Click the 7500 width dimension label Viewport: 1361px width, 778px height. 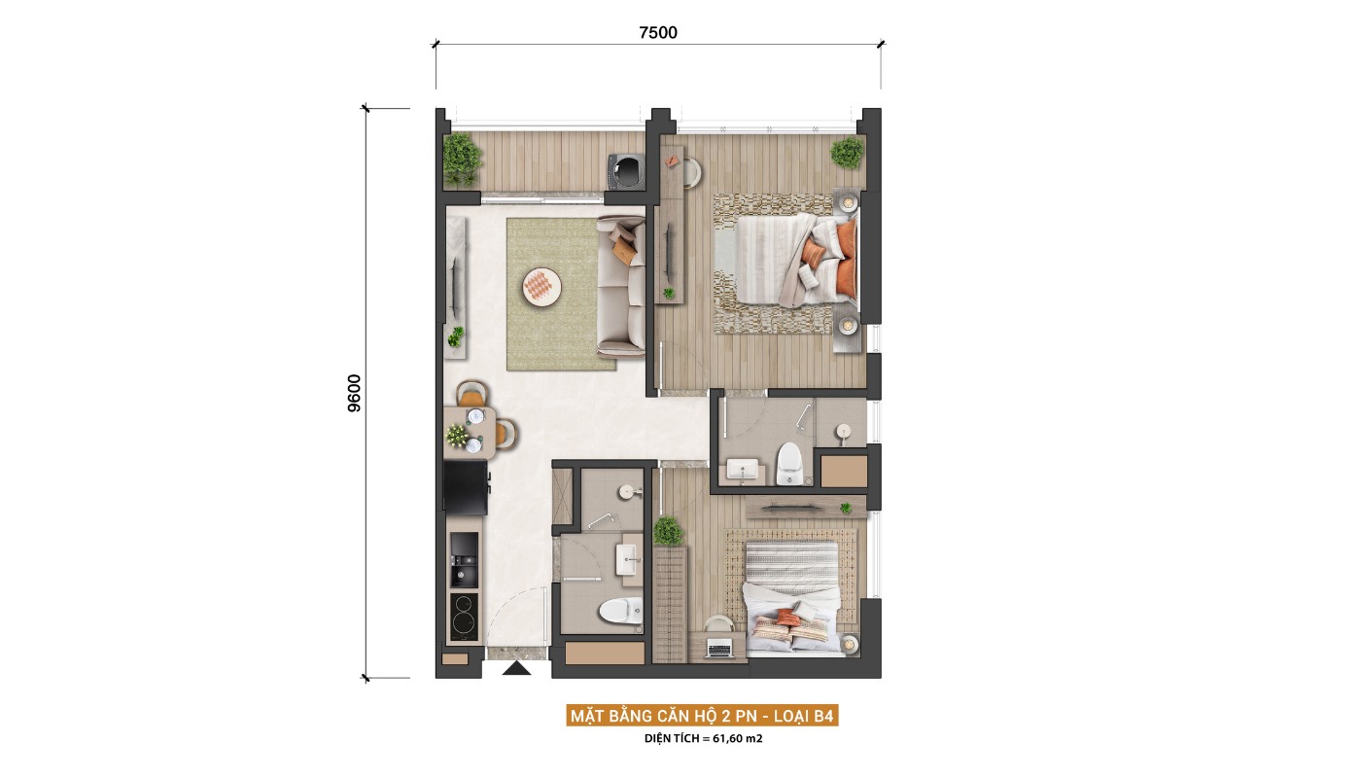click(658, 33)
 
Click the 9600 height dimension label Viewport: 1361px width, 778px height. click(354, 393)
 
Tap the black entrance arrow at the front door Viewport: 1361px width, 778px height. click(516, 669)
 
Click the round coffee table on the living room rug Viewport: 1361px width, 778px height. click(541, 287)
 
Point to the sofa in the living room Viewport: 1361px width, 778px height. click(621, 286)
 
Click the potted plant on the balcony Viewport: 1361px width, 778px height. click(462, 159)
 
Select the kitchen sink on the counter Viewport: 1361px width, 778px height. click(464, 560)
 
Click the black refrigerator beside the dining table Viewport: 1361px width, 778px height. click(465, 487)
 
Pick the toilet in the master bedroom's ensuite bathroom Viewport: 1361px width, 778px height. click(789, 464)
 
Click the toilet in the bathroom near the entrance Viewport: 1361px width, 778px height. click(621, 611)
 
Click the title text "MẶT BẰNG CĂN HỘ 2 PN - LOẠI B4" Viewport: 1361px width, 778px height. click(702, 716)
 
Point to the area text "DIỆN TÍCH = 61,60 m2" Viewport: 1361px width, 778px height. click(704, 739)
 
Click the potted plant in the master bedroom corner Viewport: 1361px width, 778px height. click(847, 153)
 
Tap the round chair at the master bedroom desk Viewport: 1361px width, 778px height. click(691, 171)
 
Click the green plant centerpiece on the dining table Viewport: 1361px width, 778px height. click(456, 436)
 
